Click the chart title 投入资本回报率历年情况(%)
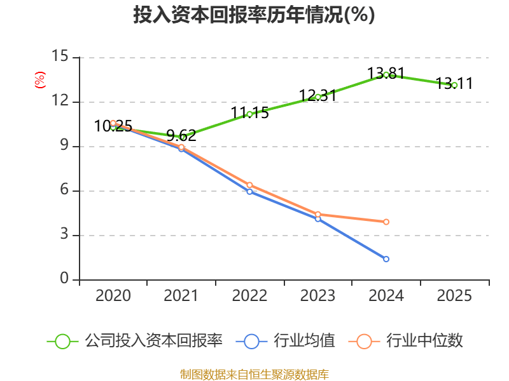(x=254, y=15)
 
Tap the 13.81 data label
(x=386, y=73)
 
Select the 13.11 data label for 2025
(x=454, y=83)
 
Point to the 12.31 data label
(x=317, y=96)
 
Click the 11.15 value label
(x=249, y=113)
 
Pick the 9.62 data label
(x=181, y=136)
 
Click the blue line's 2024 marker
(x=386, y=259)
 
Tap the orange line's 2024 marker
(x=386, y=222)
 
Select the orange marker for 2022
(x=249, y=185)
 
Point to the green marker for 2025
(x=454, y=85)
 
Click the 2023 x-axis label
(x=317, y=296)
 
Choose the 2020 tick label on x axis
(x=113, y=296)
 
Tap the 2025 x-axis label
(x=454, y=296)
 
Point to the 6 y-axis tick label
(x=64, y=191)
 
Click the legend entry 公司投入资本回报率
(x=153, y=341)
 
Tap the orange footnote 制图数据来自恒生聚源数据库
(x=254, y=374)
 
